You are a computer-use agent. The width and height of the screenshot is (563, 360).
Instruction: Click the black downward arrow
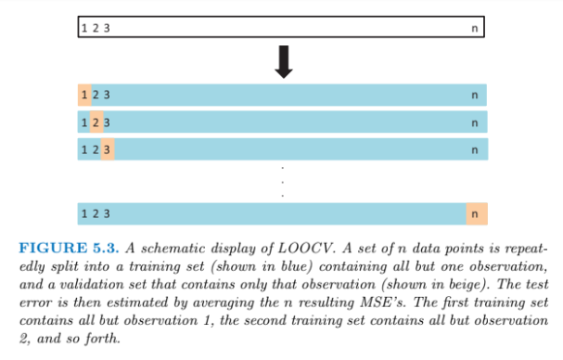tap(284, 59)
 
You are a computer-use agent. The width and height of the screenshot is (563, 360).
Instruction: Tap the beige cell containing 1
tap(84, 94)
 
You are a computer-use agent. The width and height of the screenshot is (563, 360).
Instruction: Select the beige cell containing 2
tap(96, 122)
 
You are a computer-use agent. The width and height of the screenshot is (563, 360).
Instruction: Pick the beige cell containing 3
tap(108, 149)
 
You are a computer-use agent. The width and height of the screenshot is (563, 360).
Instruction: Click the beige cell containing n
tap(476, 213)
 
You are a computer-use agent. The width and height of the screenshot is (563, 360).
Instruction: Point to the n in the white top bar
tap(475, 28)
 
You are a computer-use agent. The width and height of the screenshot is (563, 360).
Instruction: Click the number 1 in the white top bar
tap(84, 28)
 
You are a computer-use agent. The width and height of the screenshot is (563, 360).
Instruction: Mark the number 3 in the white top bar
tap(107, 28)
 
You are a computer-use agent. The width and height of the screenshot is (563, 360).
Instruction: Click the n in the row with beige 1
tap(475, 94)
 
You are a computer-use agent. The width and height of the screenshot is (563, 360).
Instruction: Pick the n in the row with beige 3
tap(475, 149)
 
